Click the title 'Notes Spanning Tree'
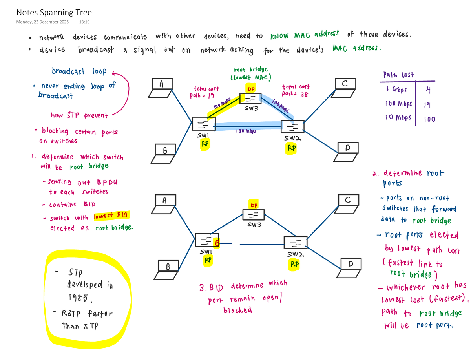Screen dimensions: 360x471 point(54,13)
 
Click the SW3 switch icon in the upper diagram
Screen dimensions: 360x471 point(250,99)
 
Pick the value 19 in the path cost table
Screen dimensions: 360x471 point(427,104)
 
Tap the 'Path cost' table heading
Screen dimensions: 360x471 point(399,75)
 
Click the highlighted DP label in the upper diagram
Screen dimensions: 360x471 point(250,88)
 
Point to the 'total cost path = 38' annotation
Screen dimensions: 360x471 point(296,90)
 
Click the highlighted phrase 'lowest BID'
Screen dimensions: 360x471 point(112,216)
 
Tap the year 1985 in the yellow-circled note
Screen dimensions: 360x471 point(80,298)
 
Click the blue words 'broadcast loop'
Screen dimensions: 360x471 point(79,71)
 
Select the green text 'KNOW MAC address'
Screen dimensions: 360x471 point(304,35)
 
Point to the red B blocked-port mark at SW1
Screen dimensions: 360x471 point(216,243)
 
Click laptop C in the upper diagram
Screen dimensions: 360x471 point(346,86)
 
